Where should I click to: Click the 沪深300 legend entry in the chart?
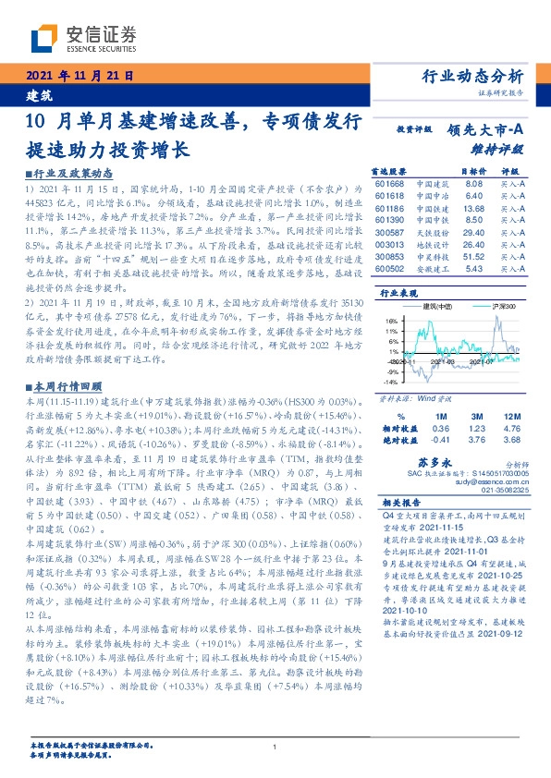pyautogui.click(x=488, y=305)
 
